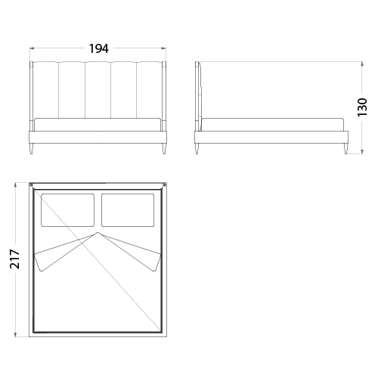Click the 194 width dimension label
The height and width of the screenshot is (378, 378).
coord(99,48)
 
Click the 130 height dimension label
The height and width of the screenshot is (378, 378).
coord(362,107)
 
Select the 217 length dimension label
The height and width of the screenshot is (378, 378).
coord(15,259)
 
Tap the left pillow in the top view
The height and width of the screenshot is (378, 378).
coord(68,210)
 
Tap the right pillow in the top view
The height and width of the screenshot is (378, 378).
coord(128,210)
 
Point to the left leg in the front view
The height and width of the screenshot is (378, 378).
coord(32,149)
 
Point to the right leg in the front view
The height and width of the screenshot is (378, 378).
coord(164,149)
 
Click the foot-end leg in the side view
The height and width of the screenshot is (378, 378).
coord(346,149)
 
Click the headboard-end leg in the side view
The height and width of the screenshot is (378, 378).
coord(197,149)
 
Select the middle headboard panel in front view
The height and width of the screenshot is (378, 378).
coord(98,90)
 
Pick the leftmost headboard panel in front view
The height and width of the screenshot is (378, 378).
coord(46,90)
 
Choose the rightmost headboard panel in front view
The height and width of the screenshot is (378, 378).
coord(150,90)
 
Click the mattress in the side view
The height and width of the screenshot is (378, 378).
coord(273,125)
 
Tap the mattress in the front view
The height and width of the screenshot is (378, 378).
coord(98,125)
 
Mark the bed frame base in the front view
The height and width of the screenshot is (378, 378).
coord(98,137)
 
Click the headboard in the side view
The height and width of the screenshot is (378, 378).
coord(198,96)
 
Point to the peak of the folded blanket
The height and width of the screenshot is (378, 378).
coord(98,232)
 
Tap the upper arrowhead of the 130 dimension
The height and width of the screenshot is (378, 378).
coord(362,64)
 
